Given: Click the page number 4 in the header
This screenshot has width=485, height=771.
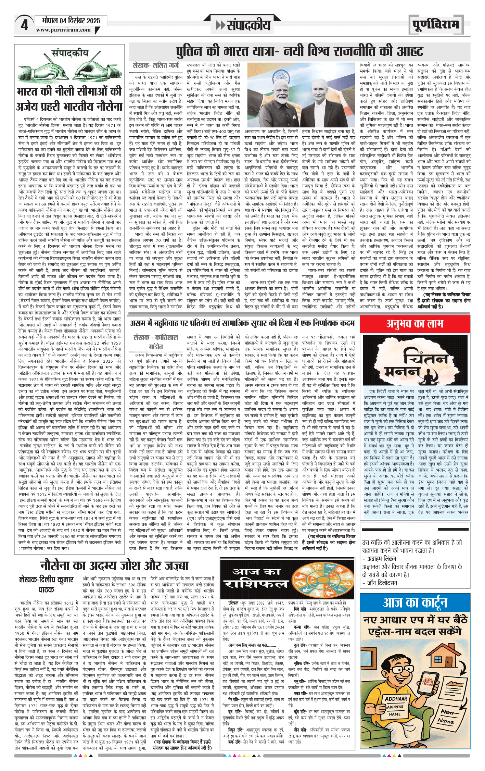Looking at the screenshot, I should (24, 25).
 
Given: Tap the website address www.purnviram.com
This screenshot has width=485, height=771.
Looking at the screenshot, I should (63, 30).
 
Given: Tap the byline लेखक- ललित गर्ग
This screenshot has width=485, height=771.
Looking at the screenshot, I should (156, 65).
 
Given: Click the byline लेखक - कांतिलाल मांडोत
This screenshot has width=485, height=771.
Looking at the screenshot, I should (156, 341).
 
